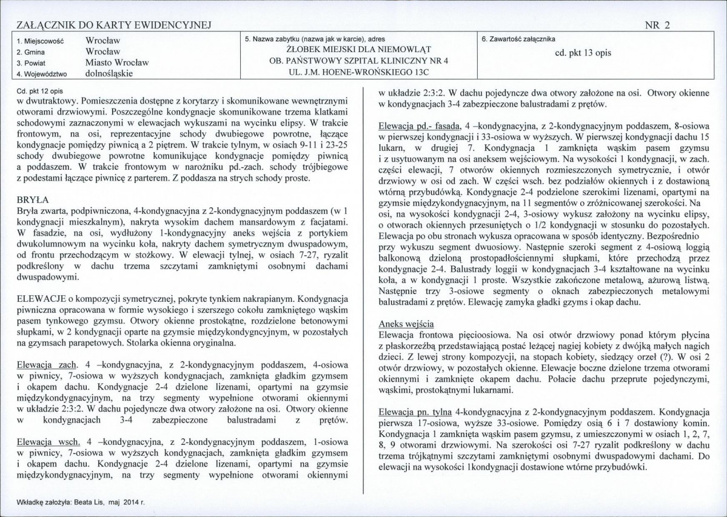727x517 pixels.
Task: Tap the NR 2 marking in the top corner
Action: tap(658, 24)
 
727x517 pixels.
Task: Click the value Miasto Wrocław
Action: tap(117, 62)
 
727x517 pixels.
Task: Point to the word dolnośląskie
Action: tap(109, 73)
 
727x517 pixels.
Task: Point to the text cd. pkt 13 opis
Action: tap(583, 53)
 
